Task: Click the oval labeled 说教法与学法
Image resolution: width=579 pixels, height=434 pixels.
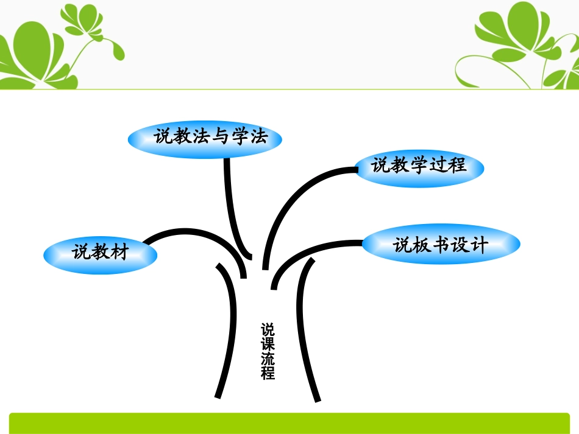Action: click(x=205, y=138)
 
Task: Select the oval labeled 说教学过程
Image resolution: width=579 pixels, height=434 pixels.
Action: click(x=419, y=166)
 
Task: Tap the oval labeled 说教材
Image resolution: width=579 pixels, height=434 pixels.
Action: click(x=100, y=253)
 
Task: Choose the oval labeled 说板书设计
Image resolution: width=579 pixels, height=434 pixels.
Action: click(x=441, y=245)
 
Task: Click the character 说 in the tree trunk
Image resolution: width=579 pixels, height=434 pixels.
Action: click(x=268, y=330)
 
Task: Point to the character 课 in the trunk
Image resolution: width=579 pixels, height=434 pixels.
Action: click(x=268, y=344)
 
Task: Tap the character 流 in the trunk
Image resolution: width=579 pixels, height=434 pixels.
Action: click(x=268, y=359)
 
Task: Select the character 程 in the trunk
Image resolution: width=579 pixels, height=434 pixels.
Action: click(x=268, y=373)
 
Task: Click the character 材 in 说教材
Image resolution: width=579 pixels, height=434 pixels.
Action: click(x=119, y=252)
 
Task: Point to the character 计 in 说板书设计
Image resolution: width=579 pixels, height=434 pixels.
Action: click(x=479, y=245)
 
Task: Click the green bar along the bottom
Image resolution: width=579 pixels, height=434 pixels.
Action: click(x=289, y=422)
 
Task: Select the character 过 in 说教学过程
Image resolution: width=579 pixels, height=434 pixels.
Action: click(x=438, y=166)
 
